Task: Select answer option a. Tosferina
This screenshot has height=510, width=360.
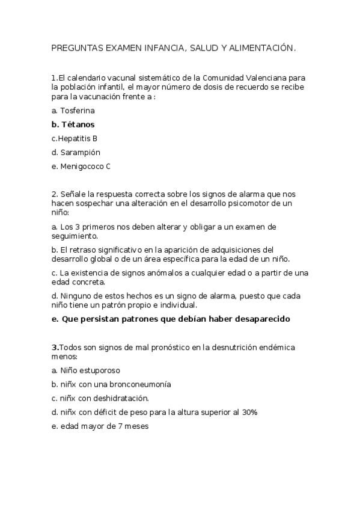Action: (x=73, y=111)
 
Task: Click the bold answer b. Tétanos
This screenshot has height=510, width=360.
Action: (x=73, y=124)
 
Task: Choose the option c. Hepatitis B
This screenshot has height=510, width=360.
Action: (x=75, y=138)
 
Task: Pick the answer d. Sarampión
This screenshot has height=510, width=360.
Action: (x=76, y=152)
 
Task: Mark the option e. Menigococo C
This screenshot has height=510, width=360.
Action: (x=81, y=167)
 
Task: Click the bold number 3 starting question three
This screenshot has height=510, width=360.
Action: (x=54, y=348)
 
